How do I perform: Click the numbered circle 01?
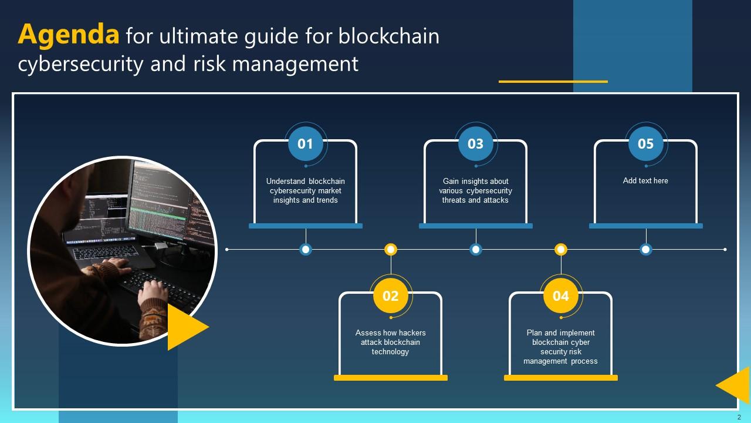[x=305, y=144]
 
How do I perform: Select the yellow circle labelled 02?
[x=391, y=296]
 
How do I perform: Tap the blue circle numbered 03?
[x=475, y=144]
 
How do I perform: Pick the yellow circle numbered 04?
[x=561, y=296]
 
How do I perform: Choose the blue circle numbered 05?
[x=645, y=144]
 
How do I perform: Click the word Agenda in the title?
[x=69, y=36]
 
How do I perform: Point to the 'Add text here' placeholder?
[x=645, y=181]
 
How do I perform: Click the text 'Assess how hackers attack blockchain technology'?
[x=391, y=342]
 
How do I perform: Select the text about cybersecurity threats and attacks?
[x=475, y=190]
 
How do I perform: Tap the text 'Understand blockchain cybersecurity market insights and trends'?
[x=305, y=190]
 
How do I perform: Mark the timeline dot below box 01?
[x=305, y=250]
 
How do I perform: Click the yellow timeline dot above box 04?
[x=561, y=250]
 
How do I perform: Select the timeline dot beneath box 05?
[x=645, y=250]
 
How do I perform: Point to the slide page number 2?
[x=739, y=417]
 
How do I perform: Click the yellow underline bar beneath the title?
[x=553, y=82]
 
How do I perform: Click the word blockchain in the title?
[x=388, y=36]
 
